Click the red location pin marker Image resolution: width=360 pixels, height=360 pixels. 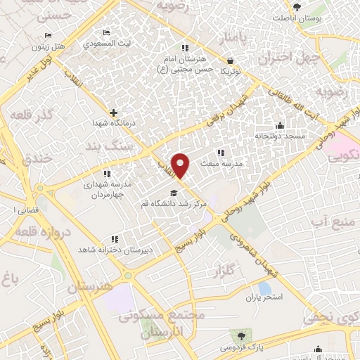(x=181, y=165)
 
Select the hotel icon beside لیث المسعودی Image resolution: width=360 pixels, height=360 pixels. (x=106, y=33)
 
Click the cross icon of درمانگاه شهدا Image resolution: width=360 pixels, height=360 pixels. (x=113, y=112)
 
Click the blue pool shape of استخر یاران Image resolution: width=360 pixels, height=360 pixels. (x=264, y=288)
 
